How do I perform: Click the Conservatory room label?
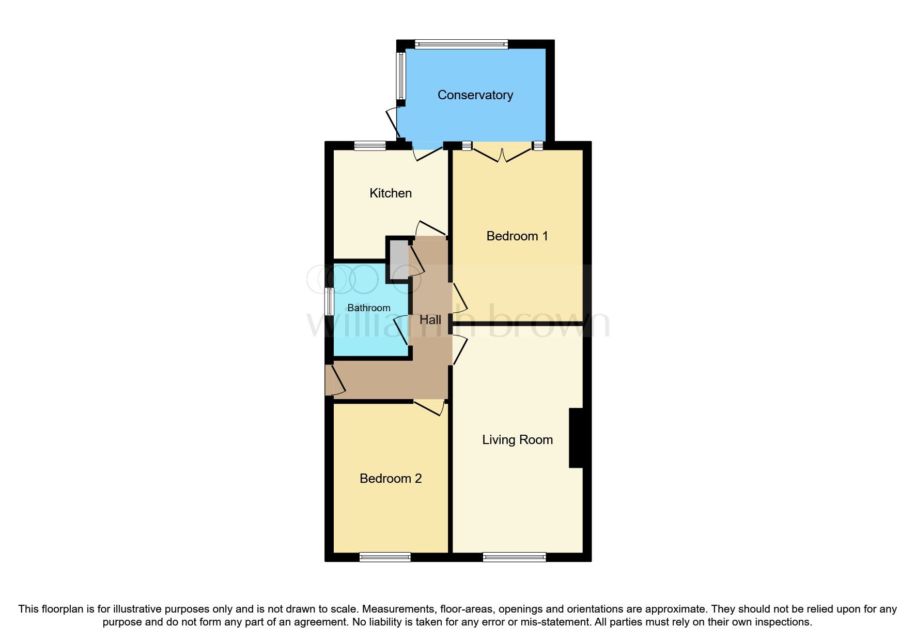pyautogui.click(x=475, y=95)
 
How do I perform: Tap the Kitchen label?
pyautogui.click(x=391, y=193)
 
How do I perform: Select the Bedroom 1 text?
pyautogui.click(x=517, y=236)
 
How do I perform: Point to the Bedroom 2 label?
pyautogui.click(x=391, y=479)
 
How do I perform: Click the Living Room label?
pyautogui.click(x=517, y=440)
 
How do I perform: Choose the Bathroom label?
pyautogui.click(x=368, y=308)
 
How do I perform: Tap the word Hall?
pyautogui.click(x=430, y=320)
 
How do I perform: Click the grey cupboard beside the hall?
pyautogui.click(x=398, y=259)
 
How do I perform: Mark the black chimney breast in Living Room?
pyautogui.click(x=576, y=438)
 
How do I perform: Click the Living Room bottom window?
pyautogui.click(x=514, y=557)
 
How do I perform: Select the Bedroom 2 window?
pyautogui.click(x=385, y=557)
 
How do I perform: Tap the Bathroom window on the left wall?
pyautogui.click(x=329, y=301)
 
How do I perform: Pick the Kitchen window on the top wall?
pyautogui.click(x=370, y=146)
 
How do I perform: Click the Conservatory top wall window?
pyautogui.click(x=461, y=44)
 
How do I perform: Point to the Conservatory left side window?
pyautogui.click(x=401, y=75)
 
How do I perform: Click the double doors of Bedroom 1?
pyautogui.click(x=502, y=153)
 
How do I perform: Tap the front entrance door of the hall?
pyautogui.click(x=333, y=380)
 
